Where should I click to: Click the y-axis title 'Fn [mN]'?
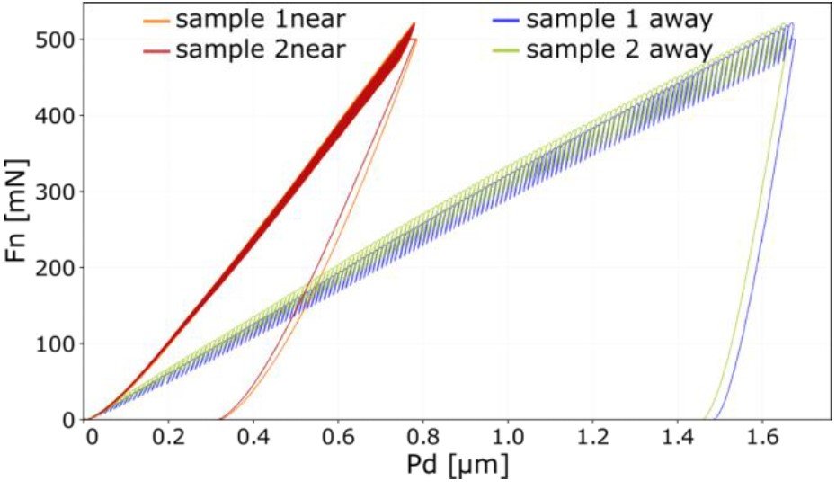point(19,209)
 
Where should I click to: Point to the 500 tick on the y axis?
point(56,40)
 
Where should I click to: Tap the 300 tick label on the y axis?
point(56,192)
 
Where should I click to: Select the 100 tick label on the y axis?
point(56,343)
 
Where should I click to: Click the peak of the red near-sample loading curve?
point(414,24)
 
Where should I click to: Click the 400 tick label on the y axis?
point(56,115)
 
